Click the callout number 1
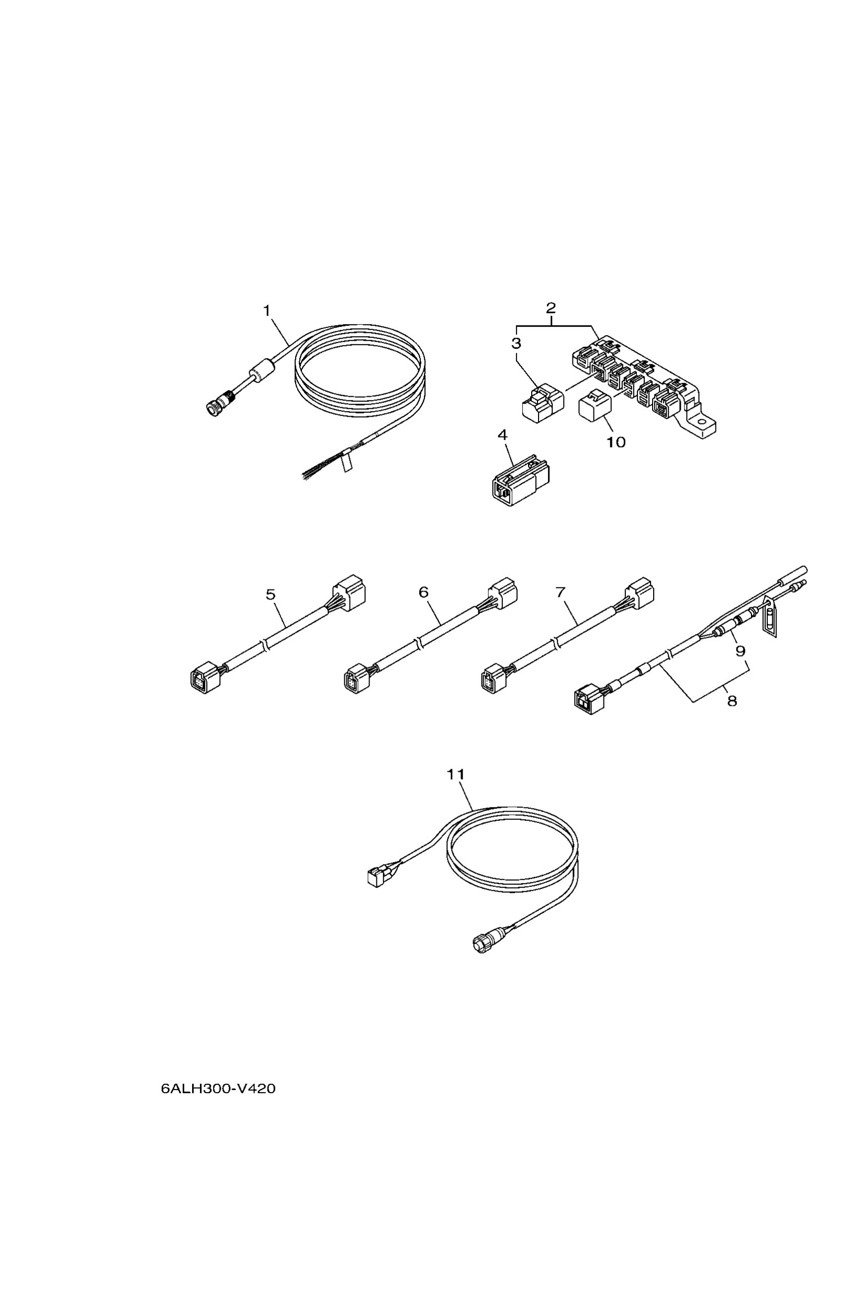pos(267,311)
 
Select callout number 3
pos(515,343)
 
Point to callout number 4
pos(502,435)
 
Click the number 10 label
pos(616,442)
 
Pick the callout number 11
pos(456,775)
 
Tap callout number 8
pos(732,701)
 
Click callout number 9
pos(741,651)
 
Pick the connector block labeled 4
pos(520,480)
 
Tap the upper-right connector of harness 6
pos(502,593)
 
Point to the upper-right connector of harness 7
pos(640,594)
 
